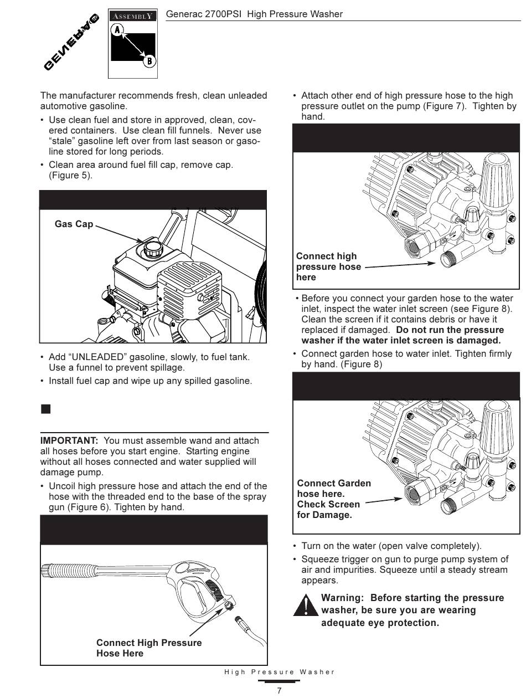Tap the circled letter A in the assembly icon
pyautogui.click(x=117, y=30)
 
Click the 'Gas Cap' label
pyautogui.click(x=74, y=224)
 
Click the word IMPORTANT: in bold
pyautogui.click(x=69, y=441)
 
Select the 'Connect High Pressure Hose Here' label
pyautogui.click(x=149, y=648)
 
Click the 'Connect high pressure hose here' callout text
pyautogui.click(x=328, y=266)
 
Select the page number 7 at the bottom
pyautogui.click(x=279, y=690)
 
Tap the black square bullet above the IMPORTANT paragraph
pyautogui.click(x=45, y=409)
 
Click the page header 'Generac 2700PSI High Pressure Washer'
pyautogui.click(x=254, y=14)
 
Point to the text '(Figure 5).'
pyautogui.click(x=70, y=176)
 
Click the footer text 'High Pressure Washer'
pyautogui.click(x=280, y=672)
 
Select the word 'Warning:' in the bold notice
pyautogui.click(x=343, y=598)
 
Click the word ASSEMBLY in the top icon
pyautogui.click(x=133, y=17)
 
